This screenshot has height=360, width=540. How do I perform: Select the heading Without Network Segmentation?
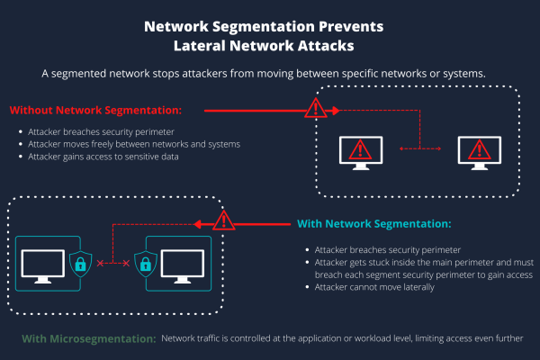click(x=95, y=111)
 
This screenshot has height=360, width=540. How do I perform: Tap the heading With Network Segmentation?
click(x=373, y=223)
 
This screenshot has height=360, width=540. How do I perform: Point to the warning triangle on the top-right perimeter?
click(x=316, y=109)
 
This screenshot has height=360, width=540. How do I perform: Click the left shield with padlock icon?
click(x=81, y=263)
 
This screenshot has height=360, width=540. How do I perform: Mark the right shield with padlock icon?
click(x=145, y=263)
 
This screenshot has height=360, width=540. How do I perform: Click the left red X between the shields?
click(x=100, y=263)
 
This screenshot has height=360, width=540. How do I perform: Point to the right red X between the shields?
click(x=125, y=263)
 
